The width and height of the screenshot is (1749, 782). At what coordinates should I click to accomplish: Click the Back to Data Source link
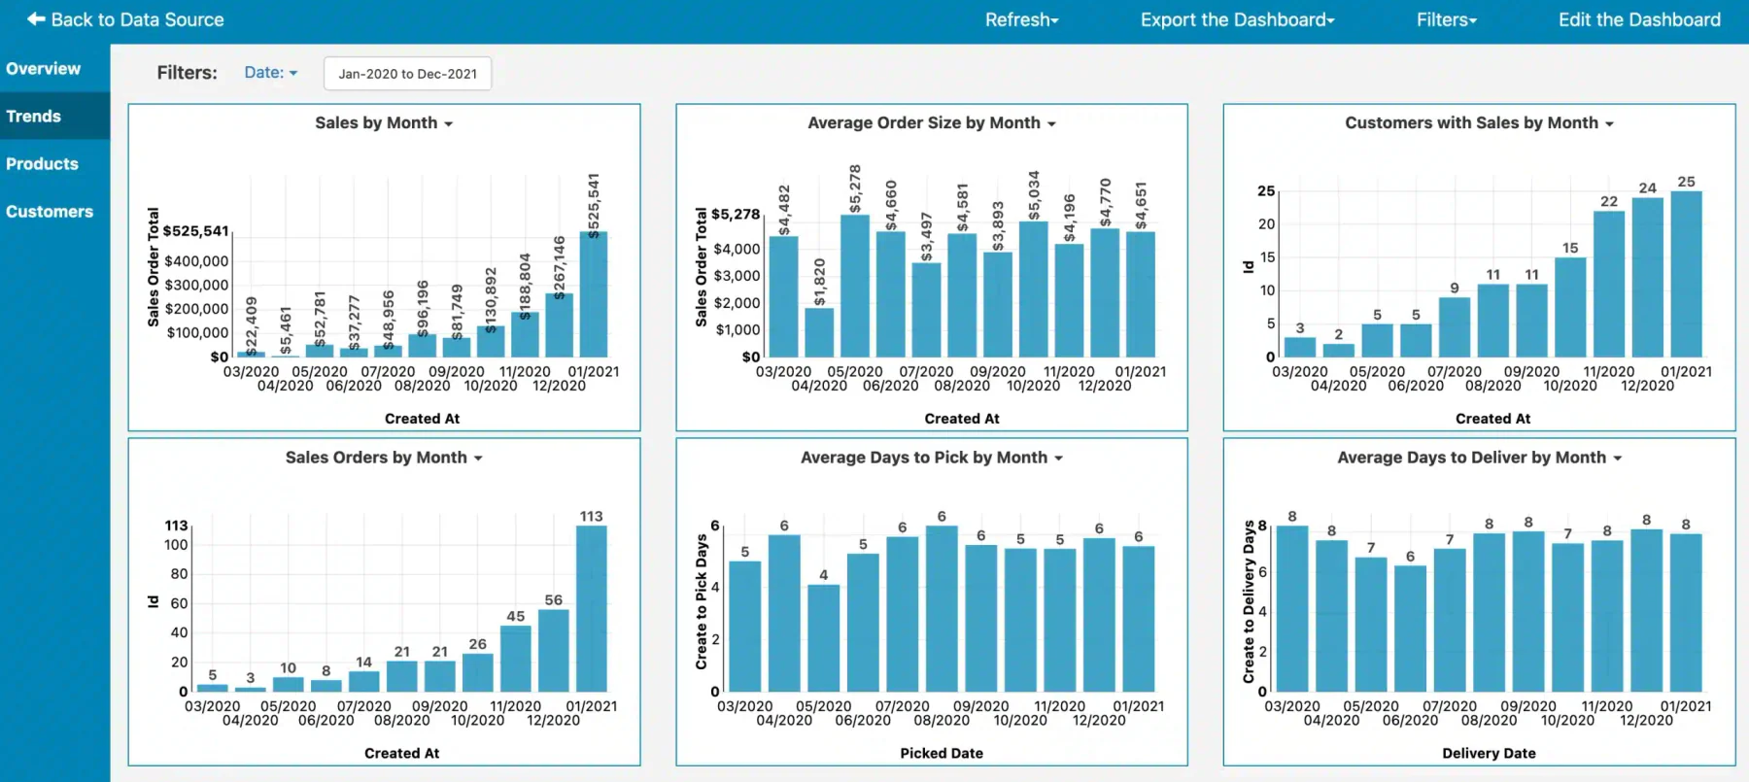click(x=125, y=19)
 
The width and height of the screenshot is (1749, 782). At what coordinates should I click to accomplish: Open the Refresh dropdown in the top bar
click(x=1021, y=19)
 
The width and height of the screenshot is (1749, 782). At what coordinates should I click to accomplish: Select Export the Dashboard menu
click(x=1237, y=19)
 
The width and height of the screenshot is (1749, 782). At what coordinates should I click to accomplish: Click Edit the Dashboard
click(x=1639, y=19)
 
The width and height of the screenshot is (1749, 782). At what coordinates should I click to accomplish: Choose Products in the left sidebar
click(x=42, y=164)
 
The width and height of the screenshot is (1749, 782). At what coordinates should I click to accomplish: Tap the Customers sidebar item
click(x=50, y=212)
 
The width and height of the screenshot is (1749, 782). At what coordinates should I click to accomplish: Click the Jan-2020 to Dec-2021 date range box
click(x=407, y=74)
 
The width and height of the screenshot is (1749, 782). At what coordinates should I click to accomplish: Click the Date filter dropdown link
click(x=270, y=73)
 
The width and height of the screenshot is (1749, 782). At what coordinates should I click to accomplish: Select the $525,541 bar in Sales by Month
click(x=594, y=294)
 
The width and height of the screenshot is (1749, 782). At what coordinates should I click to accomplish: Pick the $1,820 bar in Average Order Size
click(x=819, y=332)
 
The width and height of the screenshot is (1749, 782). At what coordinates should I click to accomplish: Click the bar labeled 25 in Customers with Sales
click(x=1686, y=274)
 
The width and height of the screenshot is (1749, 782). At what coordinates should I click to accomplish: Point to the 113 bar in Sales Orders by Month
click(x=591, y=609)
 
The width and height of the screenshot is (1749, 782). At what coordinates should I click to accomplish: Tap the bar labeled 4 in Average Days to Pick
click(x=823, y=638)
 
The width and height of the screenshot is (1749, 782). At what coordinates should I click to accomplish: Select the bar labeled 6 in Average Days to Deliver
click(x=1410, y=629)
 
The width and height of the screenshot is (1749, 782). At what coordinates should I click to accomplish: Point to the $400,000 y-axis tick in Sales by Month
click(x=196, y=261)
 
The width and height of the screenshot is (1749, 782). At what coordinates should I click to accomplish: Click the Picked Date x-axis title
click(x=942, y=753)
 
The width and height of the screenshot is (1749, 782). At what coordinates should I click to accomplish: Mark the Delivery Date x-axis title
click(x=1489, y=753)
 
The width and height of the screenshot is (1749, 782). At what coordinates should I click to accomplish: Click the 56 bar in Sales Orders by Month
click(x=554, y=651)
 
